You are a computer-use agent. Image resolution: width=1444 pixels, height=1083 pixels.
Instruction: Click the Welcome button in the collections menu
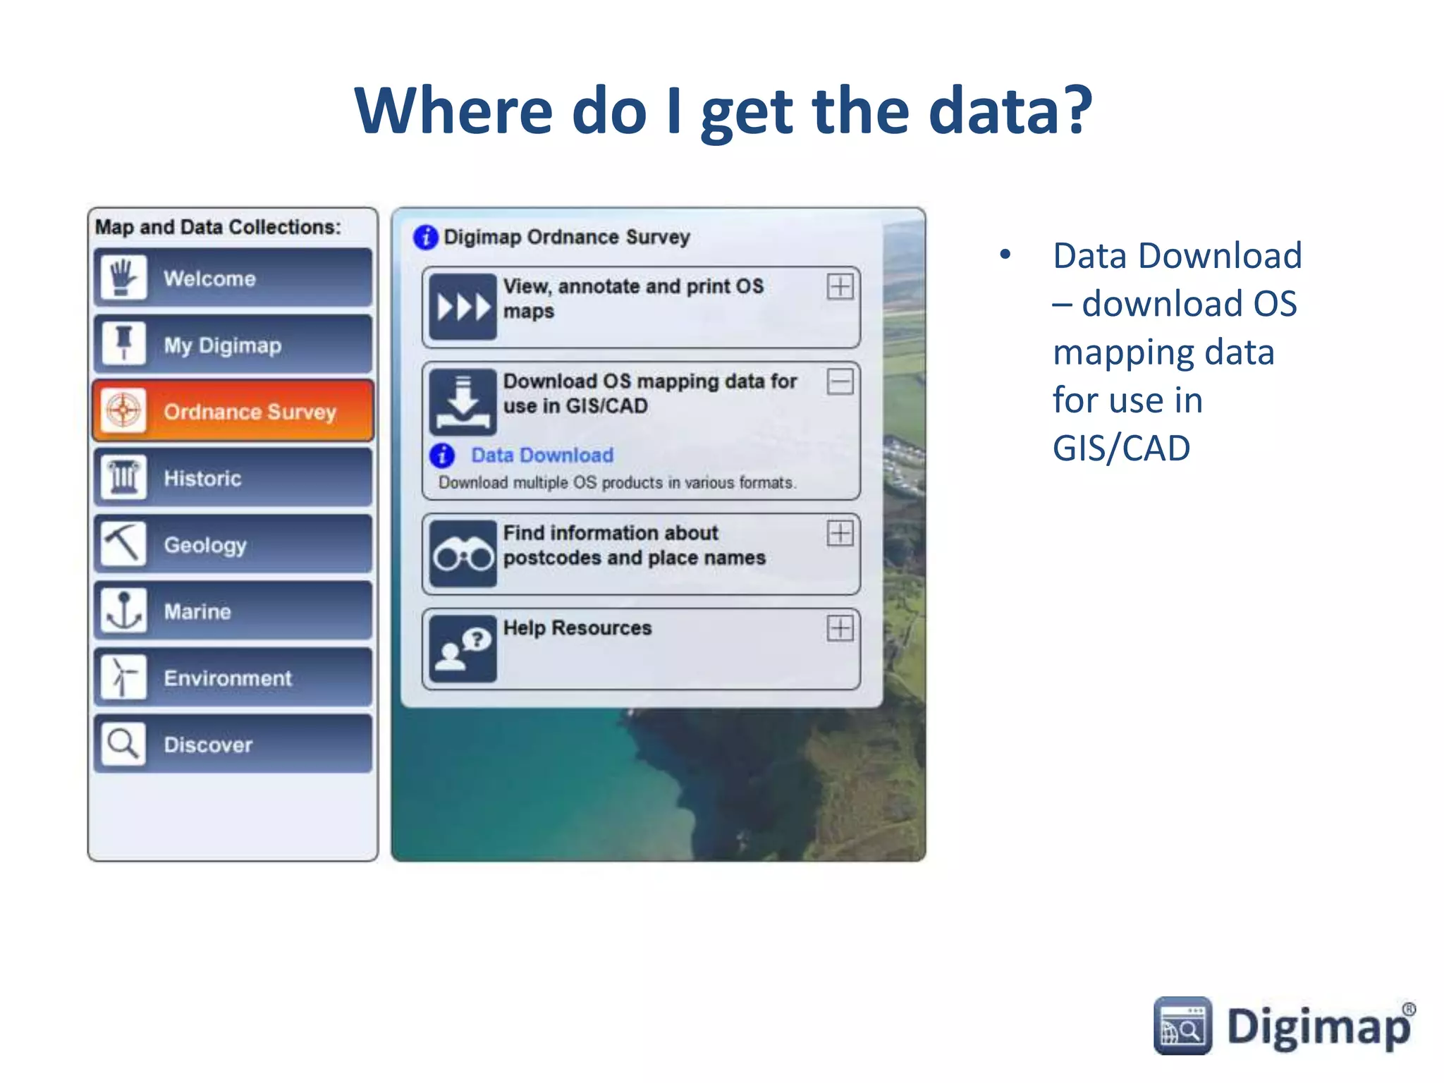point(233,278)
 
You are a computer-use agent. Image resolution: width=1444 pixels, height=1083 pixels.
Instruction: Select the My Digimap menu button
point(233,345)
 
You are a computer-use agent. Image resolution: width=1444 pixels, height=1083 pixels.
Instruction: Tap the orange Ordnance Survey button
point(233,411)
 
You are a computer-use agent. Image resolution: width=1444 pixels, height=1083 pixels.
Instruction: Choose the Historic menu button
point(233,478)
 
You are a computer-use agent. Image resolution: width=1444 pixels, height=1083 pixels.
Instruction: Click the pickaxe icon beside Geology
point(123,544)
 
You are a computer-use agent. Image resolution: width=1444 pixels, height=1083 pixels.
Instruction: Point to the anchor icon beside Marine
point(123,611)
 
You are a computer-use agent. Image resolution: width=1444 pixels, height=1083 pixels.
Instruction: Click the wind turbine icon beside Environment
point(123,677)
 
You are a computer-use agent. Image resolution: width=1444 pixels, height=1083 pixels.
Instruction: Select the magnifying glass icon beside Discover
point(123,744)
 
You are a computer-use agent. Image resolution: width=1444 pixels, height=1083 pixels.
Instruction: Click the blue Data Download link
point(541,455)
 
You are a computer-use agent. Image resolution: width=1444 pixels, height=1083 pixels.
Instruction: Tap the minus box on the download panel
point(840,382)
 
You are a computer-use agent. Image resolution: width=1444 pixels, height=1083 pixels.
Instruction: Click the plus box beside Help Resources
point(840,628)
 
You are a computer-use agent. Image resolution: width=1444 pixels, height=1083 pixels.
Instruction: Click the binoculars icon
point(463,554)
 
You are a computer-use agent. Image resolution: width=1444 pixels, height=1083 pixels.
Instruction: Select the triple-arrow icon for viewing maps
point(463,307)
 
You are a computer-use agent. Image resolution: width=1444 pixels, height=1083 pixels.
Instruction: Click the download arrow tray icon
point(463,402)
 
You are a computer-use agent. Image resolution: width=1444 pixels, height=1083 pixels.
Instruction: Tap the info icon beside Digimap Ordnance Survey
point(425,238)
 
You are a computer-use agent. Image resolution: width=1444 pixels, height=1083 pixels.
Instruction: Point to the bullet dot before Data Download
point(1005,255)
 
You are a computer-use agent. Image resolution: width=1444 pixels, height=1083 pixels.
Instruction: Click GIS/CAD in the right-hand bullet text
point(1121,448)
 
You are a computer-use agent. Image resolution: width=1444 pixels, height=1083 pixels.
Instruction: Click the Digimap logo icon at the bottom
point(1182,1026)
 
